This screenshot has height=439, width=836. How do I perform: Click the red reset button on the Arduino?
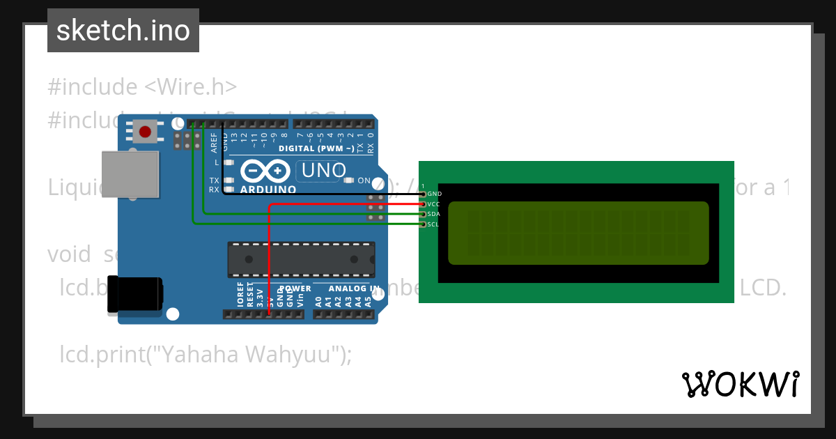click(146, 131)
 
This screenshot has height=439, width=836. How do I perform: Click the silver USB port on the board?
click(130, 174)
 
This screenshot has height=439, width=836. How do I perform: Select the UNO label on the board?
click(321, 170)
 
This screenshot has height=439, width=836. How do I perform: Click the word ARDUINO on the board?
click(268, 190)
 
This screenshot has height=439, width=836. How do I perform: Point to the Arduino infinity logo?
click(265, 171)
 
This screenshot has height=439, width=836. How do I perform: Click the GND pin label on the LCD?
click(434, 194)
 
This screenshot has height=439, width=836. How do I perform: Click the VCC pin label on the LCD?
click(433, 204)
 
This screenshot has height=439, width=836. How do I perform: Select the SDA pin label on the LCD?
click(433, 214)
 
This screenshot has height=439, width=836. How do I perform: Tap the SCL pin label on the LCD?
click(433, 224)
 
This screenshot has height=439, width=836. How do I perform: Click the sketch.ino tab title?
click(123, 31)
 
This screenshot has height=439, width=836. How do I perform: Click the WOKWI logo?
click(740, 384)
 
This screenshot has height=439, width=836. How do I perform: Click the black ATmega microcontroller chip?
click(301, 260)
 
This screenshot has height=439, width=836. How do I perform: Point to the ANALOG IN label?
click(354, 288)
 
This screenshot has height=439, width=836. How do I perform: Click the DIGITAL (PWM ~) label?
click(316, 148)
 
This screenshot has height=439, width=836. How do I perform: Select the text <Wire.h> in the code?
click(191, 87)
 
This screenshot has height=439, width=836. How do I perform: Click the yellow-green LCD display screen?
click(578, 233)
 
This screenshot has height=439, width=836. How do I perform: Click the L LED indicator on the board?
click(227, 162)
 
